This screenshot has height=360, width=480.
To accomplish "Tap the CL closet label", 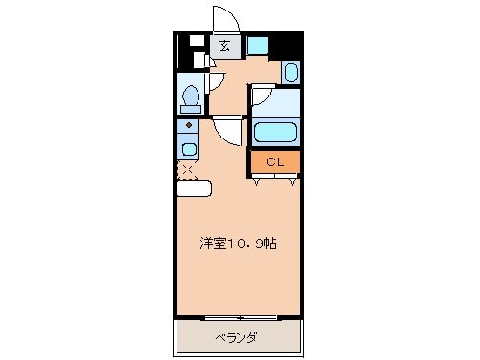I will click(x=275, y=162).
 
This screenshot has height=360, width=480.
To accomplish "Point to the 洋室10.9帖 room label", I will click(x=239, y=244).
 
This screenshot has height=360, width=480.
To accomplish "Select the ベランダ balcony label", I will click(x=237, y=337).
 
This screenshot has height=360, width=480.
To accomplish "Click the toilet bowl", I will click(x=190, y=98).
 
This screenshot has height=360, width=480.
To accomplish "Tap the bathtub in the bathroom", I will click(x=276, y=133).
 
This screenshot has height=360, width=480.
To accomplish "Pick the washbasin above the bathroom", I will click(x=291, y=72).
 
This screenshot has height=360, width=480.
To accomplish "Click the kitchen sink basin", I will click(x=188, y=149).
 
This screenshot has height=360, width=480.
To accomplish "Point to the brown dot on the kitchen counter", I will click(x=189, y=124).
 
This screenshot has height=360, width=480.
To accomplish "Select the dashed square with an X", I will click(x=188, y=170).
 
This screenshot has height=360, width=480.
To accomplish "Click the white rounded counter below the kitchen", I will click(x=194, y=188).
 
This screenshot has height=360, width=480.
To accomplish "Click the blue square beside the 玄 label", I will click(x=257, y=45).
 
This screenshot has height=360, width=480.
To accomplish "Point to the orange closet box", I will click(x=275, y=162).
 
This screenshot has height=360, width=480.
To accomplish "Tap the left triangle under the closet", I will click(x=256, y=180).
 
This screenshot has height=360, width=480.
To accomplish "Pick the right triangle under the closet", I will click(x=293, y=180).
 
